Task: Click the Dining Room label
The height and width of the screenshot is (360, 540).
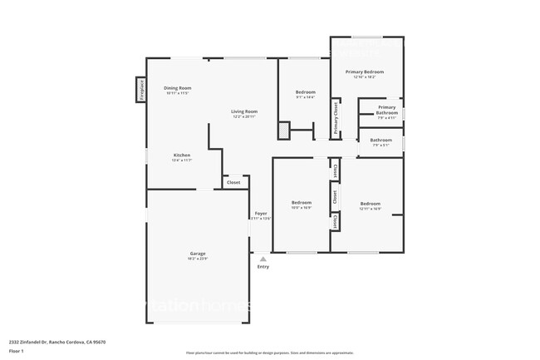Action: (178, 88)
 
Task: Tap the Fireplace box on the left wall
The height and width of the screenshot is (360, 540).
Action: (141, 90)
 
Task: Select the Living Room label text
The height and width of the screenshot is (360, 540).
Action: (244, 111)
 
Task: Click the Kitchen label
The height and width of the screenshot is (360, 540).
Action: (182, 155)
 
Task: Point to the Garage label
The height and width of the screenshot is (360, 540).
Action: (197, 254)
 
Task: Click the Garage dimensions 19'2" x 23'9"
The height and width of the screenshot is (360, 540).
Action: (197, 259)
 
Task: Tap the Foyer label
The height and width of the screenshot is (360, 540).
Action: (261, 214)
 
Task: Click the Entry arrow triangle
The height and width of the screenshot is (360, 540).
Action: (263, 259)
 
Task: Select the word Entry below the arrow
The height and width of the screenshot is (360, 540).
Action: (263, 267)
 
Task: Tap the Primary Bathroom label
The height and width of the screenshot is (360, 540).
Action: (386, 110)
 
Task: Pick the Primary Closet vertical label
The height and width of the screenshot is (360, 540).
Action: (336, 118)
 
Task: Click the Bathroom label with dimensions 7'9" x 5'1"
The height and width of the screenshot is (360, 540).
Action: (380, 141)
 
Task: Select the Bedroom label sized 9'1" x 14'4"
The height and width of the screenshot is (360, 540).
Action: (306, 92)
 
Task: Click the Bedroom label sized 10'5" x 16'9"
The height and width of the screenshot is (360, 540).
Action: (301, 203)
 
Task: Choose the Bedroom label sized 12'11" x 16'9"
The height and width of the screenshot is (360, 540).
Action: (370, 204)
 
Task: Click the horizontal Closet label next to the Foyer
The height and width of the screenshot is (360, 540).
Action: (233, 182)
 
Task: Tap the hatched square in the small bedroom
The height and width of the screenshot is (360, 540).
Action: (283, 131)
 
